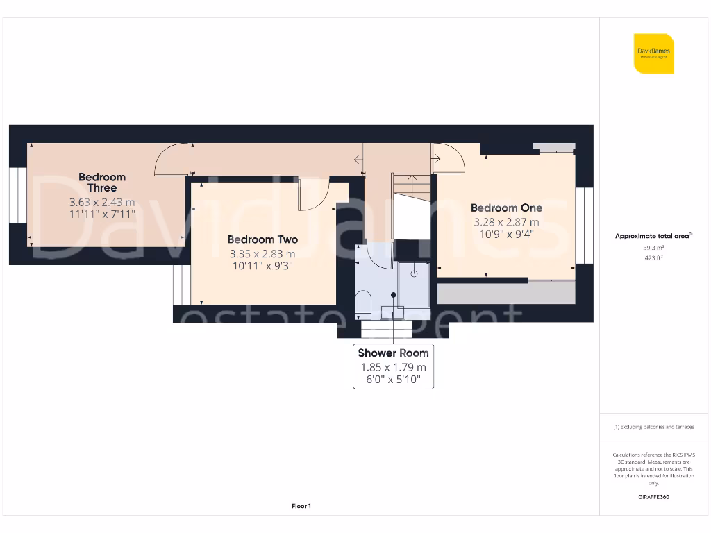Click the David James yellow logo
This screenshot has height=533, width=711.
coord(653,53)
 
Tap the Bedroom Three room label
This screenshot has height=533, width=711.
coord(102,183)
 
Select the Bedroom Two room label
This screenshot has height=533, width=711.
coord(262,239)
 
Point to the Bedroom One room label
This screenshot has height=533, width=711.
coord(506,208)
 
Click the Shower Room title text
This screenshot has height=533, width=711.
coord(393,353)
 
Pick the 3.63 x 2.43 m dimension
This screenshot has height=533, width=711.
coord(102,202)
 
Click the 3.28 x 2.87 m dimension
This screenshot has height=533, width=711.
coord(506,222)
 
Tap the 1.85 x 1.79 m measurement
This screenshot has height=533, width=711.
coord(393,367)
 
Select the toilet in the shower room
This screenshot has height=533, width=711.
coord(363,303)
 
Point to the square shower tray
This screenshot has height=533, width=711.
coord(415,283)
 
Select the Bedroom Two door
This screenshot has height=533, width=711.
coord(313,194)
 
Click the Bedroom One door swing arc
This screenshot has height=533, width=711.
coord(449,158)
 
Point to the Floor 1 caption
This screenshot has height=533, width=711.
coord(301,506)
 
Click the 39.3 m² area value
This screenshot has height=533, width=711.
coord(653,247)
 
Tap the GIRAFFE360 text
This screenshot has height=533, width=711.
coord(653,497)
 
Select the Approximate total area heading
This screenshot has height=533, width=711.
coord(653,236)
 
